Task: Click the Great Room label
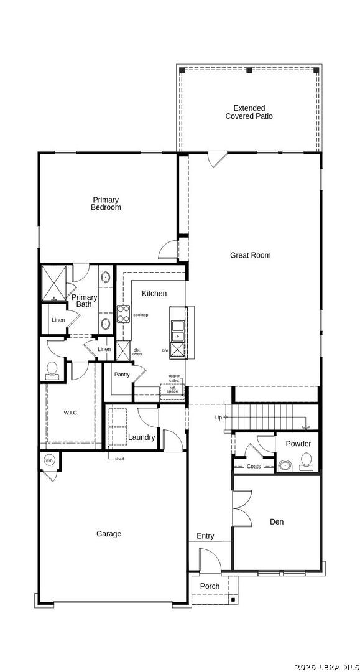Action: [x=250, y=255]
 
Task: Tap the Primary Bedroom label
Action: [x=106, y=204]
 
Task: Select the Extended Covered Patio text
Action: [x=249, y=112]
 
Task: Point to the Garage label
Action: [x=109, y=534]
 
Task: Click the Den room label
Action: [x=277, y=521]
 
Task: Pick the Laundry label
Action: [x=142, y=437]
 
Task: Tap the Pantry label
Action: [x=122, y=375]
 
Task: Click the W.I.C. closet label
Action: [x=71, y=413]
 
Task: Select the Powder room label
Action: [x=298, y=444]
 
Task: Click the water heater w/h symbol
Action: [x=49, y=460]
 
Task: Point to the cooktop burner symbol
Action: [x=123, y=315]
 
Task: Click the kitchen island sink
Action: [x=178, y=330]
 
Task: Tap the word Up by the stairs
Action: [x=218, y=417]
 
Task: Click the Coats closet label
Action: [x=254, y=466]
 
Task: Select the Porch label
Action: [x=210, y=586]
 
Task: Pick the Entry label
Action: [x=205, y=536]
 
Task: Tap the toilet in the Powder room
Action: [x=307, y=461]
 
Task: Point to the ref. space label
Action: [x=172, y=390]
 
